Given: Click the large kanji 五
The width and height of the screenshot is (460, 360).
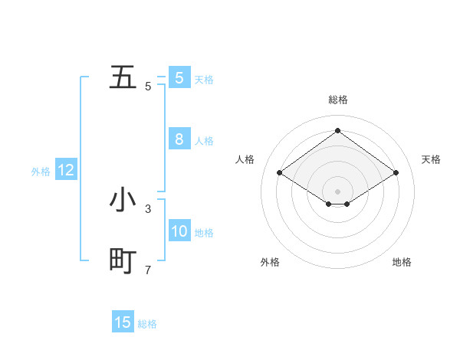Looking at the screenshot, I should [123, 78].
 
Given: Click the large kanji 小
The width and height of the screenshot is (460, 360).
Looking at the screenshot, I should [123, 200].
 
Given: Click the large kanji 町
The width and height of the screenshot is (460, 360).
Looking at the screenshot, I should [123, 262].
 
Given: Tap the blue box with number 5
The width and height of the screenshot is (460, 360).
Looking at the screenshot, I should [179, 78].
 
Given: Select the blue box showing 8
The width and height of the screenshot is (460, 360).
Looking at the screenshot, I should [179, 139].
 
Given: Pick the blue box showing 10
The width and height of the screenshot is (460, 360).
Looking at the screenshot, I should [179, 231].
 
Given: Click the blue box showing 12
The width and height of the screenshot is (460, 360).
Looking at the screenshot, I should [66, 170].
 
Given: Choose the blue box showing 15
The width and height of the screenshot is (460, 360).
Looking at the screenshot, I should [123, 322].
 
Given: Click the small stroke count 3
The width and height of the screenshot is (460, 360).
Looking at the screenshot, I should [148, 208].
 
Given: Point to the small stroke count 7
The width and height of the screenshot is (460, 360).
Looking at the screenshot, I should [148, 270].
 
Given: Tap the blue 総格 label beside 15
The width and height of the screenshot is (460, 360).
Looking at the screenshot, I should [147, 324].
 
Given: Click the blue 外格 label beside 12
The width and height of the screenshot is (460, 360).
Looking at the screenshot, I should [41, 172].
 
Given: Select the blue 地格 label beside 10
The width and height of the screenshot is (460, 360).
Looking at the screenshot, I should [204, 233].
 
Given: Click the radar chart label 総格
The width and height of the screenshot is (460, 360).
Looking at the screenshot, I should [337, 100].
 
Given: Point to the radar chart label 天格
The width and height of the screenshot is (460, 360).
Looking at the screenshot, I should [431, 159].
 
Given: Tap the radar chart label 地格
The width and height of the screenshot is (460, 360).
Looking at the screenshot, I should [402, 262].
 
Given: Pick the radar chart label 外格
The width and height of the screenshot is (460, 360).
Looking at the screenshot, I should [270, 262].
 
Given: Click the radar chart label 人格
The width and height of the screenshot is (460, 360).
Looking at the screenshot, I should [245, 159].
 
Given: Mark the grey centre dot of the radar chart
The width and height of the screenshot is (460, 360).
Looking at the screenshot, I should [337, 190].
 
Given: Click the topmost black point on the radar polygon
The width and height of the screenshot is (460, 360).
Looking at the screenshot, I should [337, 131].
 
